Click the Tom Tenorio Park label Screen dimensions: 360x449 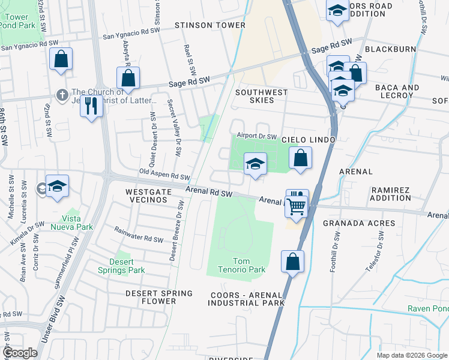(x=249, y=265)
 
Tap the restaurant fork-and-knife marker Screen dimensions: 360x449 (x=91, y=107)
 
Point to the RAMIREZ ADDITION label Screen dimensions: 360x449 (x=390, y=193)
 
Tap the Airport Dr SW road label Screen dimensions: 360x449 (x=256, y=136)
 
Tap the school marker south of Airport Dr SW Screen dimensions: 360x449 (x=255, y=164)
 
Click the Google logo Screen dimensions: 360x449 (x=20, y=353)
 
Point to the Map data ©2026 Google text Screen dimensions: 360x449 (x=411, y=355)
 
